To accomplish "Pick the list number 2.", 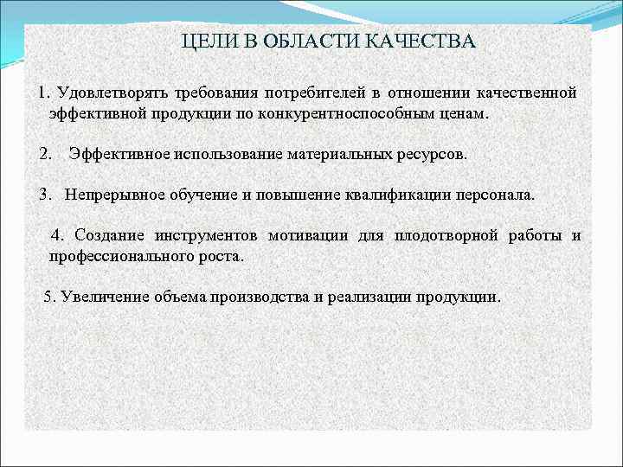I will pos(45,155).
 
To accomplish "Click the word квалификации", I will pos(382,195).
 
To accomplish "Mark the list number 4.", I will pos(57,235).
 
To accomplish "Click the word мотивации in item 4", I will pos(308,235).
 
